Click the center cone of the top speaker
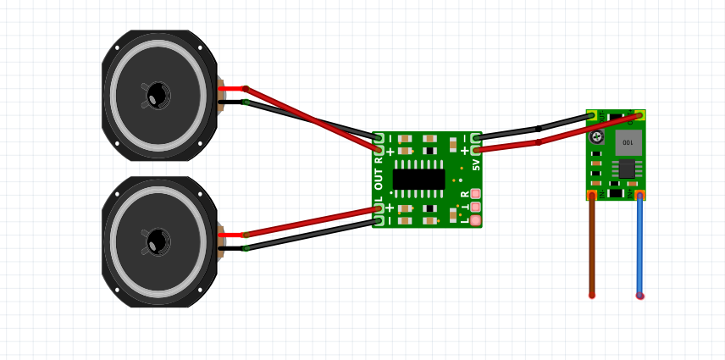click(x=157, y=95)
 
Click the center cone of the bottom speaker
click(x=157, y=241)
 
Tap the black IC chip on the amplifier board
click(x=419, y=179)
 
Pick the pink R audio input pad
click(x=475, y=194)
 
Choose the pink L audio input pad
click(x=475, y=221)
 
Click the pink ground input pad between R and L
click(x=475, y=208)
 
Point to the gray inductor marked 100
click(x=627, y=141)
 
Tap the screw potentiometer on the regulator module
click(x=597, y=137)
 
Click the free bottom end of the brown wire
click(x=592, y=295)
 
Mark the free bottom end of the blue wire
click(x=640, y=296)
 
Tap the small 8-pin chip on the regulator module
click(x=627, y=168)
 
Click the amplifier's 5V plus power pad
click(x=477, y=149)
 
